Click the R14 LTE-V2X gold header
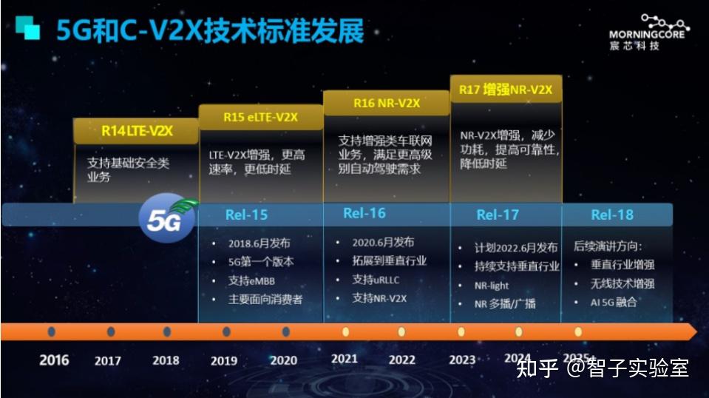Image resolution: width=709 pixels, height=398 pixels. click(x=135, y=131)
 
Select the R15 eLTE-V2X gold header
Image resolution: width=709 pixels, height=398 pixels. click(x=260, y=116)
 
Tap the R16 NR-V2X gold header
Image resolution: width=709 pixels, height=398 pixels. click(x=386, y=103)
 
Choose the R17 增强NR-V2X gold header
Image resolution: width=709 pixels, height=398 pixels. click(x=506, y=90)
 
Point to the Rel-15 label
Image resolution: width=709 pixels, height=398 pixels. click(x=247, y=215)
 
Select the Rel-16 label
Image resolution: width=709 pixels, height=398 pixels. click(x=364, y=214)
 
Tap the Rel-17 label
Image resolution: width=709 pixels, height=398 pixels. click(x=498, y=215)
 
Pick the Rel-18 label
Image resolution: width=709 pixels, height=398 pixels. click(x=612, y=215)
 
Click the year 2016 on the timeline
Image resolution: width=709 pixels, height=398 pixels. click(x=54, y=360)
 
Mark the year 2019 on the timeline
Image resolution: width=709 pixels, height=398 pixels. click(x=223, y=361)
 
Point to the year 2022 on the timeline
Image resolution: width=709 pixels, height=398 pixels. click(x=401, y=360)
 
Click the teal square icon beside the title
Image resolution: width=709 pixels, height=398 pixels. click(x=28, y=28)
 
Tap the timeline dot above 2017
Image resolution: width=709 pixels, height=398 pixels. click(x=110, y=331)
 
